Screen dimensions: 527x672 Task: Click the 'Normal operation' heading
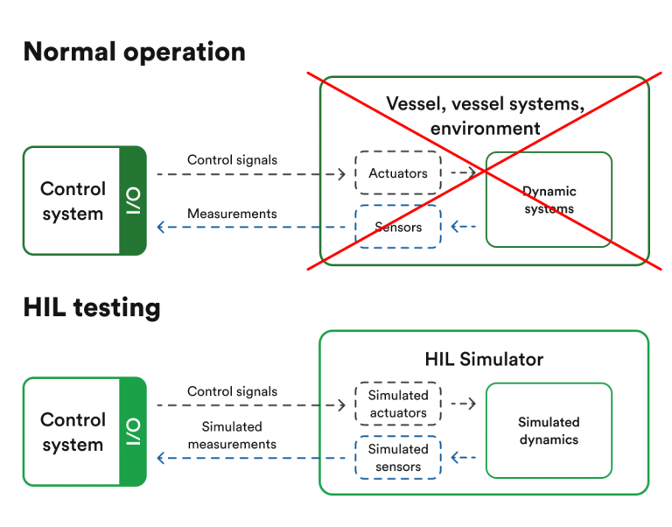coord(134,52)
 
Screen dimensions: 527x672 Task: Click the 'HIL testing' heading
coord(91,307)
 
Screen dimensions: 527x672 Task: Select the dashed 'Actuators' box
coord(398,173)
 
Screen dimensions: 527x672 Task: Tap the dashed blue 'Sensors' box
coord(398,227)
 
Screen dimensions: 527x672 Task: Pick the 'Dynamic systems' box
coord(549,200)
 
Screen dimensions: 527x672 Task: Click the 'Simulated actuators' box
coord(398,404)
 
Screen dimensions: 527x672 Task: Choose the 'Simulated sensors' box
coord(398,458)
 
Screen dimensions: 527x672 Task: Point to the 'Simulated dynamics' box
coord(549,431)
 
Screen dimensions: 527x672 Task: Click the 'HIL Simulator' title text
coord(484,359)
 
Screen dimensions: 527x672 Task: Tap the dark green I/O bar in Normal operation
coord(132,200)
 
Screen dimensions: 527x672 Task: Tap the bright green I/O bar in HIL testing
coord(132,432)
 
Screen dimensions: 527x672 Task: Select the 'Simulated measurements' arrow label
coord(232,435)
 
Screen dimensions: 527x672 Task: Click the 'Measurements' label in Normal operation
coord(232,214)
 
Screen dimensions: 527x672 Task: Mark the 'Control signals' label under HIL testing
coord(232,391)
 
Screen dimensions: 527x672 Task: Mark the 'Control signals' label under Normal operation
coord(232,160)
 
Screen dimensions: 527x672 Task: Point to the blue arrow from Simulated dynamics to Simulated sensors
coord(464,458)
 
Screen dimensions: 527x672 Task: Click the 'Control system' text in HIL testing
coord(73,432)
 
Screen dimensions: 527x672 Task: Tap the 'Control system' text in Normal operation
coord(73,200)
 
